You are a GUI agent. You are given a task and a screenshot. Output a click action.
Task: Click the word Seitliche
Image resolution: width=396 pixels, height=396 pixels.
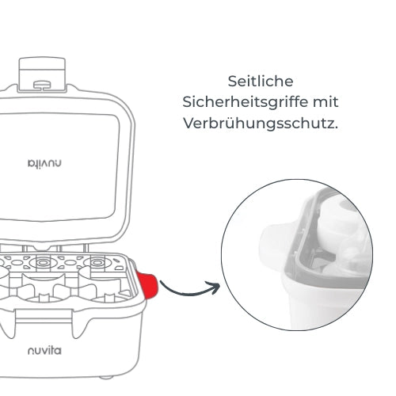tap(261, 81)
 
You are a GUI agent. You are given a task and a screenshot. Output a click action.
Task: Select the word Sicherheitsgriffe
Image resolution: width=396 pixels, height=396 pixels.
tap(246, 102)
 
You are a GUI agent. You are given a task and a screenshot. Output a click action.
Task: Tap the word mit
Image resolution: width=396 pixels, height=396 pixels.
tap(326, 102)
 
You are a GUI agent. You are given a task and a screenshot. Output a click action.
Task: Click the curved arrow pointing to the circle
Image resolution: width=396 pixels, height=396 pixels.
tap(189, 291)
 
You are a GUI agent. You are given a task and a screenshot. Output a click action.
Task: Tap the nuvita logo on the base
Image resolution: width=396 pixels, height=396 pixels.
tap(44, 351)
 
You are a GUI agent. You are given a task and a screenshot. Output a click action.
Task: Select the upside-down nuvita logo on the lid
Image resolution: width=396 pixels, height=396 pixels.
tap(44, 163)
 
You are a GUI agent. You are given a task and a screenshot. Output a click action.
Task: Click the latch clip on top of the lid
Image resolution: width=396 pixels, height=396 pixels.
tap(42, 74)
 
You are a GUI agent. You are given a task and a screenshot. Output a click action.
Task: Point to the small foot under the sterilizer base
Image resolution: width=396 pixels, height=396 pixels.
tap(107, 378)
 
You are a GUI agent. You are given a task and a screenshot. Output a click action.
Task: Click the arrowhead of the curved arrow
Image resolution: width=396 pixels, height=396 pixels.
tap(215, 287)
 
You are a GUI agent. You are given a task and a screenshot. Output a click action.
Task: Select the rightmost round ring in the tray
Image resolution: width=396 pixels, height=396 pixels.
tap(97, 263)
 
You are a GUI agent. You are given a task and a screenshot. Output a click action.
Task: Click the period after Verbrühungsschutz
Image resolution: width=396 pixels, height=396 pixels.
tap(336, 128)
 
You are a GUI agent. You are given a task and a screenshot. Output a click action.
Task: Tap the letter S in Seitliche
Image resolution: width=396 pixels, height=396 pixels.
tap(233, 82)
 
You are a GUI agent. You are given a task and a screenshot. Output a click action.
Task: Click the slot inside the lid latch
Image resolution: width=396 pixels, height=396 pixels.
tap(42, 85)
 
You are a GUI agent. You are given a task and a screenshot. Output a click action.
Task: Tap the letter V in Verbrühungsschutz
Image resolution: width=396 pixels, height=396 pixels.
tap(188, 124)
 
